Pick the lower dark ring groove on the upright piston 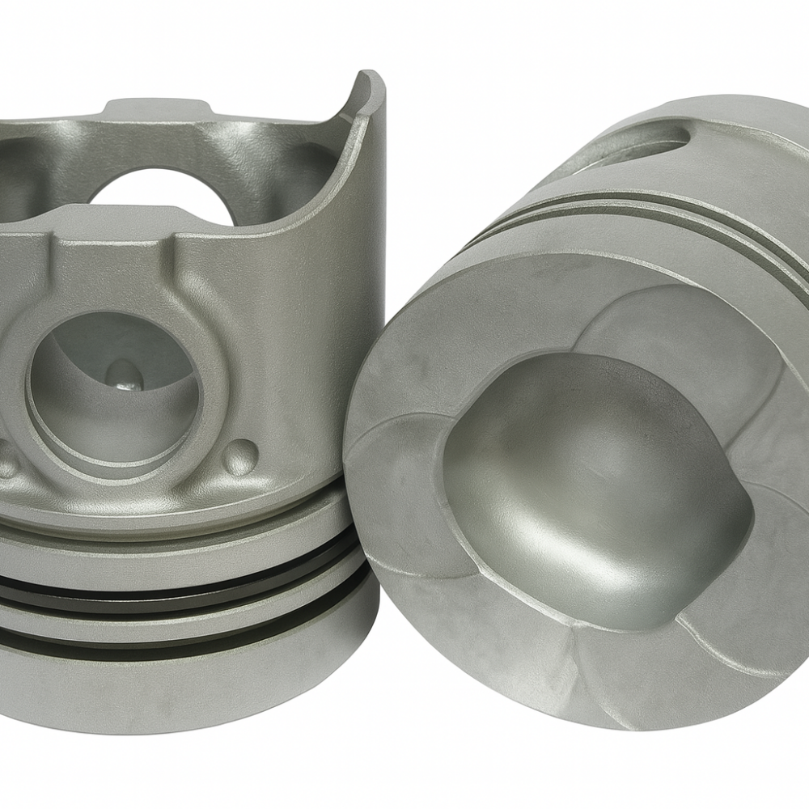point(186,639)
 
